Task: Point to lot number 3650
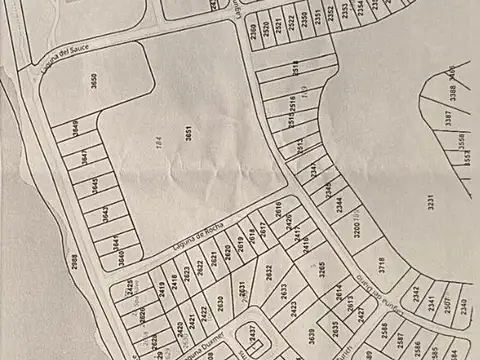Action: (94, 82)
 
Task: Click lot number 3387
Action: (447, 118)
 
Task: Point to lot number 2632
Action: (269, 271)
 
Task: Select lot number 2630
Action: (221, 303)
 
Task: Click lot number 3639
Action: (312, 334)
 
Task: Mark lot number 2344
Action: (340, 208)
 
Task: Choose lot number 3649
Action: (75, 128)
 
